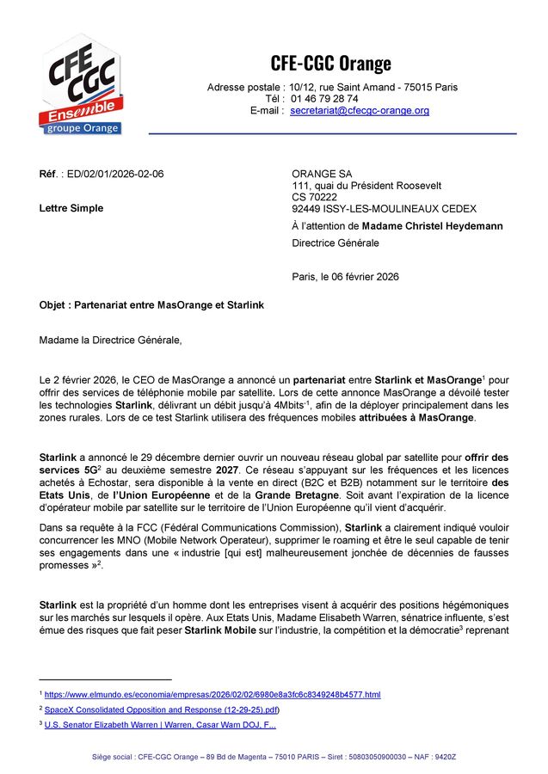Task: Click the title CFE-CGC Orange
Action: [x=331, y=63]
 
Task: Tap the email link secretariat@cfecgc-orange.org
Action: [x=359, y=111]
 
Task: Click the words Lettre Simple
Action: [x=71, y=208]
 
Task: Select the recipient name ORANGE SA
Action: [x=322, y=174]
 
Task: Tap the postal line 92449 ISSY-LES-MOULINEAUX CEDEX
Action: [x=384, y=209]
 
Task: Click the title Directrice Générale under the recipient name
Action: [x=336, y=243]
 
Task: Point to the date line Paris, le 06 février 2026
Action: [x=345, y=277]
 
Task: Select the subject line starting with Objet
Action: [x=151, y=305]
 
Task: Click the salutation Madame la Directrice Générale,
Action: [x=111, y=340]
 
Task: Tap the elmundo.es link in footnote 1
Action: [x=212, y=694]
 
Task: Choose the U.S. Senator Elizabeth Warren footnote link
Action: [x=160, y=725]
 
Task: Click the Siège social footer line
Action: [x=274, y=757]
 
